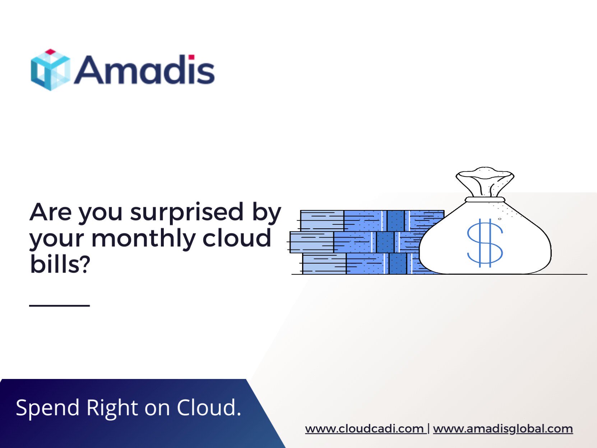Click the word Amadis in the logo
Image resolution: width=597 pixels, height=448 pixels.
pos(144,70)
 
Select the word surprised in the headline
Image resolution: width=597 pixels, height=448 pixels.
pos(187,213)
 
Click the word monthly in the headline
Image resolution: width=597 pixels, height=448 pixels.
pos(144,239)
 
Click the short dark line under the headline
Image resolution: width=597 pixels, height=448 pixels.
pos(59,306)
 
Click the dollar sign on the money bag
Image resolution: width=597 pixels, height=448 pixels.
pos(485,243)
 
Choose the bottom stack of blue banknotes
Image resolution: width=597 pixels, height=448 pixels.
pos(359,264)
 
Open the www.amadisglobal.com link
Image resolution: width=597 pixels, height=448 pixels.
pos(503,429)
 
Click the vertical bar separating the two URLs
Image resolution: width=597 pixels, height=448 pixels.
pos(429,429)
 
